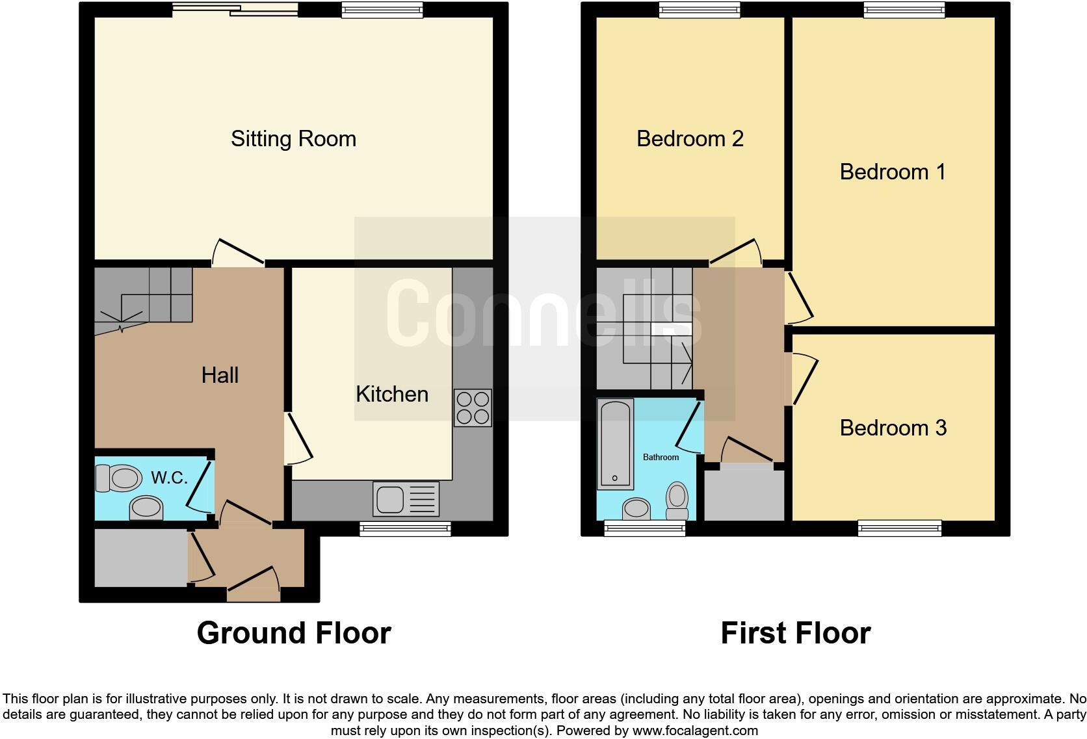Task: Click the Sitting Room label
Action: [293, 138]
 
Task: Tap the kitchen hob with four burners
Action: [473, 408]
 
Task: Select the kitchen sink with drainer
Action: [406, 499]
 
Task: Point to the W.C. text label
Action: [169, 478]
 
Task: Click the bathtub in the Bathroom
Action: [615, 443]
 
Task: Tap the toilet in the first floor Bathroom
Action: [677, 500]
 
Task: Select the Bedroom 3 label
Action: [893, 428]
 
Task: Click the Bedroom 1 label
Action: [892, 172]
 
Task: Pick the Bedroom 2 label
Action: [690, 138]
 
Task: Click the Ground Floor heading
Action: [294, 632]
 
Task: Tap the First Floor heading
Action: [795, 632]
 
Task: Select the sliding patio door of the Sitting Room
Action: [235, 9]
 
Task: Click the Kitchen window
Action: [405, 529]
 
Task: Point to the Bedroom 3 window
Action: [900, 528]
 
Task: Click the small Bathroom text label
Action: [661, 457]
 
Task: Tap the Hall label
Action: [220, 375]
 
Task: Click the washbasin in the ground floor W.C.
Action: [146, 508]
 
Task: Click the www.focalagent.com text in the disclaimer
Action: [695, 731]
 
